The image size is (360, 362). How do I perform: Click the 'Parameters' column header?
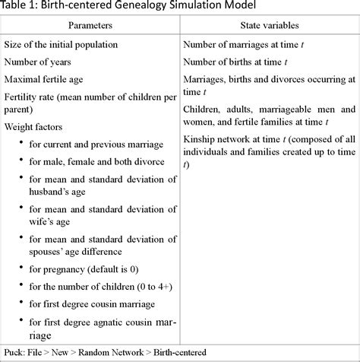(90, 27)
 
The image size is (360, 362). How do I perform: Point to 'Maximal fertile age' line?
(49, 80)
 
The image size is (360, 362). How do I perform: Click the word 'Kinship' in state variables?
(201, 137)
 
